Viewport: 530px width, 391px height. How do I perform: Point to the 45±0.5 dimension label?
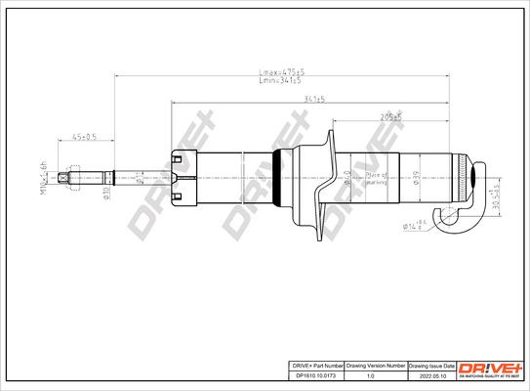coord(84,137)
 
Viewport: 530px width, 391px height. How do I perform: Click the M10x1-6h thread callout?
coord(44,177)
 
